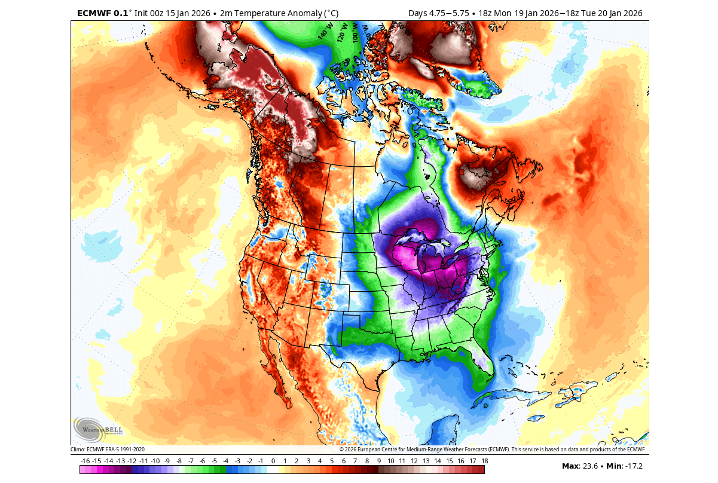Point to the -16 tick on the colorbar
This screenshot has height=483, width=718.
(x=85, y=461)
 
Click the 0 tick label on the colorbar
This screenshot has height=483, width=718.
(x=273, y=461)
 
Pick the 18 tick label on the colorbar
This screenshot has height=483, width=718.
(x=484, y=461)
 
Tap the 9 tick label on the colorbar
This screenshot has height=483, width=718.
(x=378, y=461)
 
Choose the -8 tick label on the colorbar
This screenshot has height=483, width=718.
(x=179, y=461)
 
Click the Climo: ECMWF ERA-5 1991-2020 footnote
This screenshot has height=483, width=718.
(x=108, y=449)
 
